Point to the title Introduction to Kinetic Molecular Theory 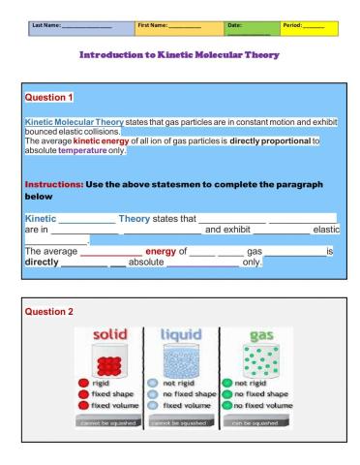tap(180, 55)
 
